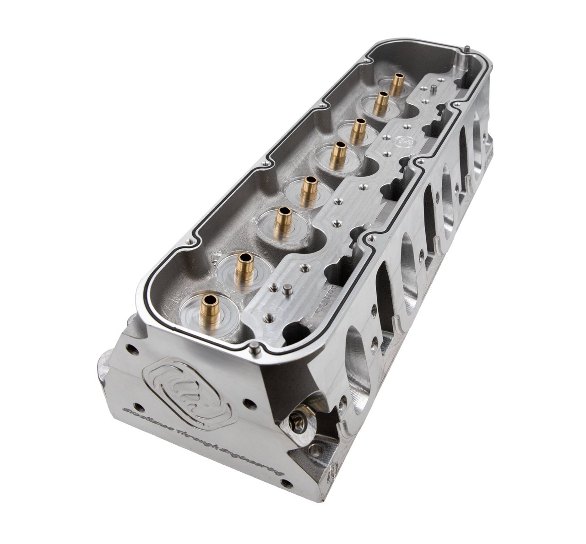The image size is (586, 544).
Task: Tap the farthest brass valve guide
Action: coord(396,83)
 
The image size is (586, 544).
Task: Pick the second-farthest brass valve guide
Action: coord(381,102)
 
